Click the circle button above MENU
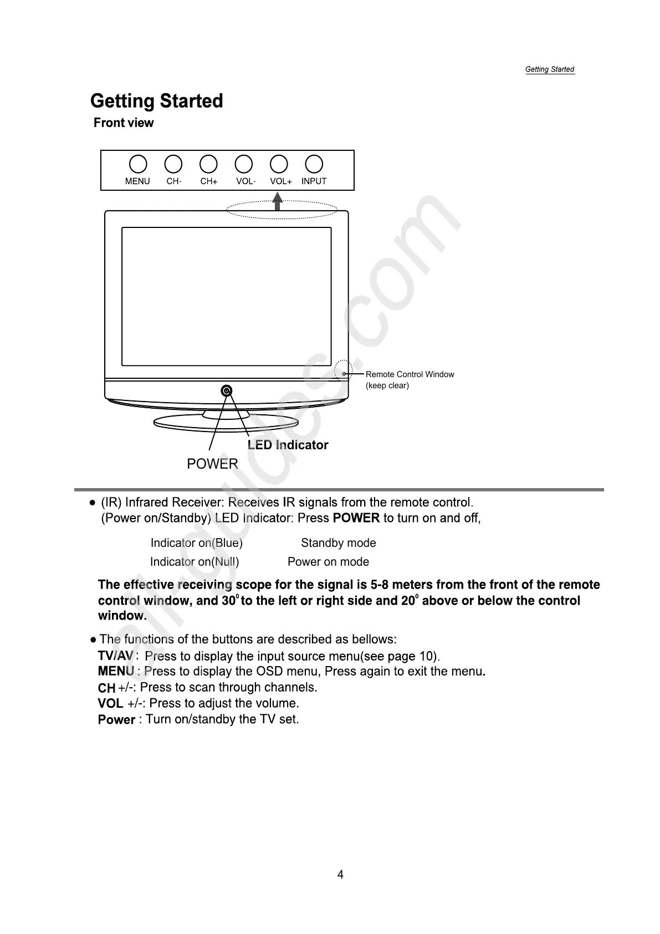coord(138,164)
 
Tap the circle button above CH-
coord(173,164)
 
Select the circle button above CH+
coord(208,164)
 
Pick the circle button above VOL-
coord(244,164)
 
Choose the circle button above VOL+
coord(279,164)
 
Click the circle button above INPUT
coord(314,164)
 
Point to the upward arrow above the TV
coord(278,201)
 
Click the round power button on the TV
coord(227,391)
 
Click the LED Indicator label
coord(288,445)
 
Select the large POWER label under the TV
coord(212,464)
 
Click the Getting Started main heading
coord(157,101)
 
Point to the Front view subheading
coord(124,123)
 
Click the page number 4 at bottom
coord(340,875)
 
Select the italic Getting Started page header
coord(549,69)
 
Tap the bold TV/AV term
coord(115,656)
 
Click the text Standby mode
coord(338,543)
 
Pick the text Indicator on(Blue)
coord(196,543)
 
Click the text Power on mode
coord(328,562)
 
